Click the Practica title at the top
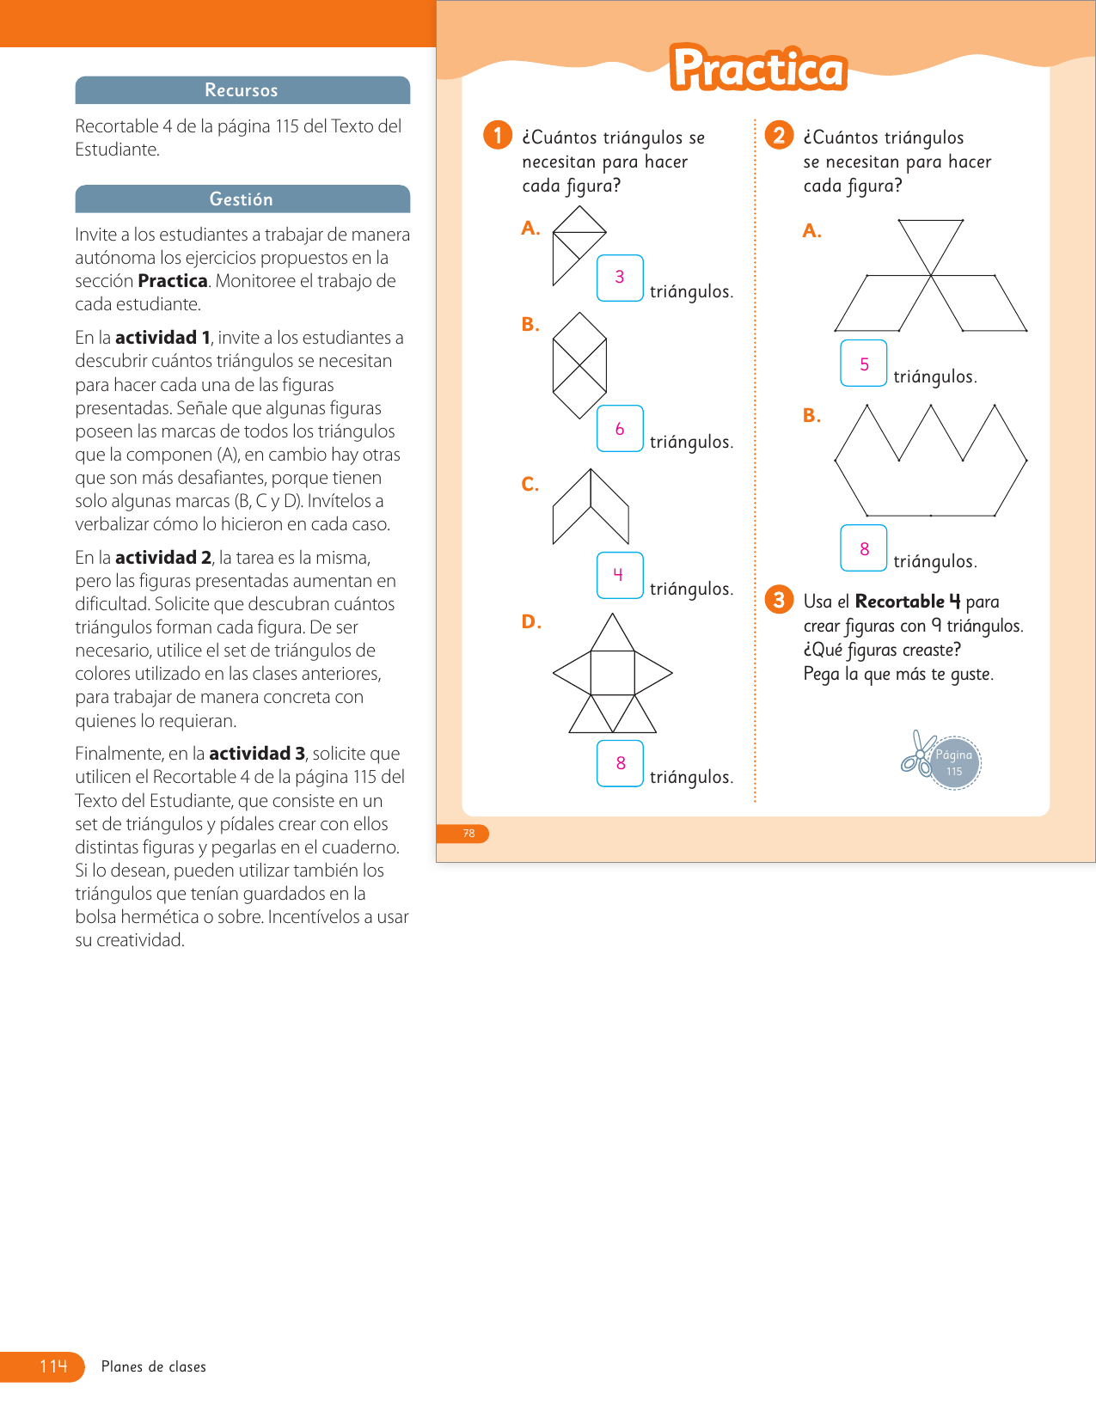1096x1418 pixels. pos(758,69)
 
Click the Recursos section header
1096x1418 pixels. pos(242,90)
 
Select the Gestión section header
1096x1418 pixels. pos(242,199)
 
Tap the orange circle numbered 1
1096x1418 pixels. pos(498,135)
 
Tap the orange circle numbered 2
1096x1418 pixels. pos(779,135)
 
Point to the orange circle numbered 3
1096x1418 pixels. pos(779,599)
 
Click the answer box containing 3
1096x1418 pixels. pos(620,278)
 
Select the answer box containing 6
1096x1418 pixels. pos(620,428)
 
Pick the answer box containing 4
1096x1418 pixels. pos(620,575)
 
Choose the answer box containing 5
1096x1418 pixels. pos(864,364)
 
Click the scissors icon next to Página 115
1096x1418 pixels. pos(916,753)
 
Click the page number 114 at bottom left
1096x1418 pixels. pos(52,1366)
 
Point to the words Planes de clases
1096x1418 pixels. pos(154,1366)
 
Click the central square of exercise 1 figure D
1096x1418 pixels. pos(612,672)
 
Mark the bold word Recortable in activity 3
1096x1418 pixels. pos(899,602)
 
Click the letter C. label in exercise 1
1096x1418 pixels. pos(530,485)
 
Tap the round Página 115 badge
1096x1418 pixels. pos(955,762)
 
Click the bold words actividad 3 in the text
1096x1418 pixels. pos(257,754)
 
